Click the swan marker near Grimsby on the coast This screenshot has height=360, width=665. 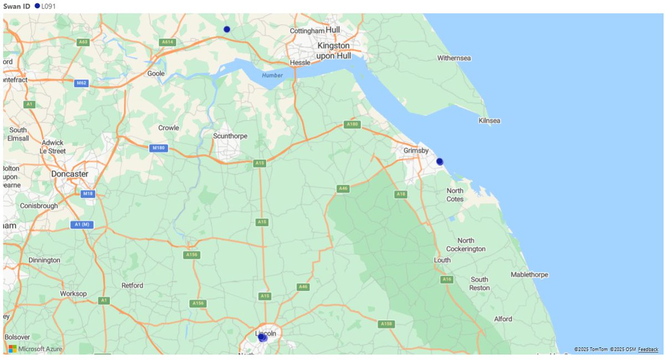pyautogui.click(x=439, y=162)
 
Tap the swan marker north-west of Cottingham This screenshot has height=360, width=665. pyautogui.click(x=227, y=29)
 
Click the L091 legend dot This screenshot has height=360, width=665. pyautogui.click(x=37, y=6)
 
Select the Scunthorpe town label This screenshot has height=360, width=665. pyautogui.click(x=230, y=136)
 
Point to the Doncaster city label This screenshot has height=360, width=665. pyautogui.click(x=69, y=173)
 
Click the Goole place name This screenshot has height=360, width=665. pyautogui.click(x=156, y=73)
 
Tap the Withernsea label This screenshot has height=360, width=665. pyautogui.click(x=454, y=58)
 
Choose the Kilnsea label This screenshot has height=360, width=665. pyautogui.click(x=489, y=121)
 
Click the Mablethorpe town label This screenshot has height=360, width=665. pyautogui.click(x=529, y=275)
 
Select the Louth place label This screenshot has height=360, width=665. pyautogui.click(x=442, y=260)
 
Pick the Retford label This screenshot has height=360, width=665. pyautogui.click(x=132, y=286)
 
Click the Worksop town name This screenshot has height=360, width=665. pyautogui.click(x=73, y=294)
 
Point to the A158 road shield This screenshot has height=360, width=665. pyautogui.click(x=386, y=323)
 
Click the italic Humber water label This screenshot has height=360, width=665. pyautogui.click(x=273, y=75)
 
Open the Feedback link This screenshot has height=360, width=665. pyautogui.click(x=648, y=349)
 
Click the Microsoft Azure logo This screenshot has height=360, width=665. pyautogui.click(x=35, y=349)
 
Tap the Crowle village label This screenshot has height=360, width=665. pyautogui.click(x=168, y=128)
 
